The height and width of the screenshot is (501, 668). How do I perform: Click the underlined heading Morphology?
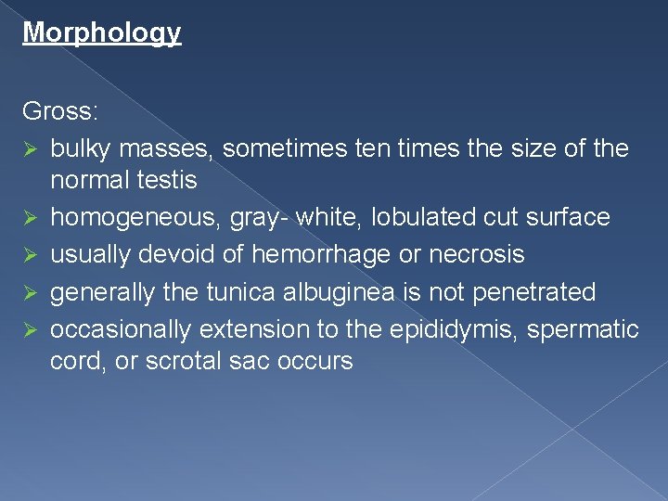[101, 33]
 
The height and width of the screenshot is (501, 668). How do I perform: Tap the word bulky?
[78, 148]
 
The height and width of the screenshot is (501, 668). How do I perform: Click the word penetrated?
[534, 292]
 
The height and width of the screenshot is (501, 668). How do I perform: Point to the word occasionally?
[122, 329]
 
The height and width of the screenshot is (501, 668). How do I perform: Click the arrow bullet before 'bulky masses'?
[30, 149]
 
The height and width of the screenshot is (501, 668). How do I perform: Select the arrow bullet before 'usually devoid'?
[30, 255]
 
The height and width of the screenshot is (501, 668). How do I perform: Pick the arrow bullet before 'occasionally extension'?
[30, 330]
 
